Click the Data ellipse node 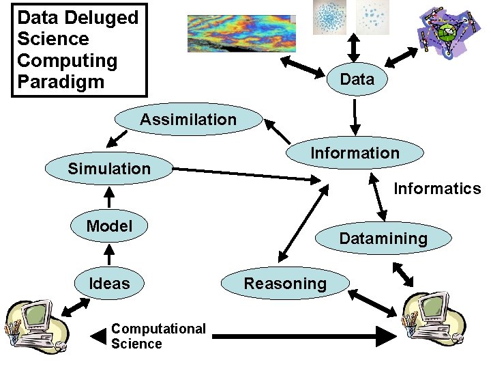click(x=357, y=79)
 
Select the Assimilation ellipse click(x=188, y=120)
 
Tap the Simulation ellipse click(x=109, y=168)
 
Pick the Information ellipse click(x=355, y=153)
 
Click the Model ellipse click(x=109, y=226)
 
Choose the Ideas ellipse click(x=109, y=283)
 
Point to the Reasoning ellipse click(x=285, y=283)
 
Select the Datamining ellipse click(x=383, y=238)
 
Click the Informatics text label click(x=437, y=189)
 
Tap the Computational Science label click(x=158, y=336)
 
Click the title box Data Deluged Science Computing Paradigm click(x=79, y=50)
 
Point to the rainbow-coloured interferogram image click(x=239, y=33)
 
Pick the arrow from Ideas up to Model click(x=109, y=254)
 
